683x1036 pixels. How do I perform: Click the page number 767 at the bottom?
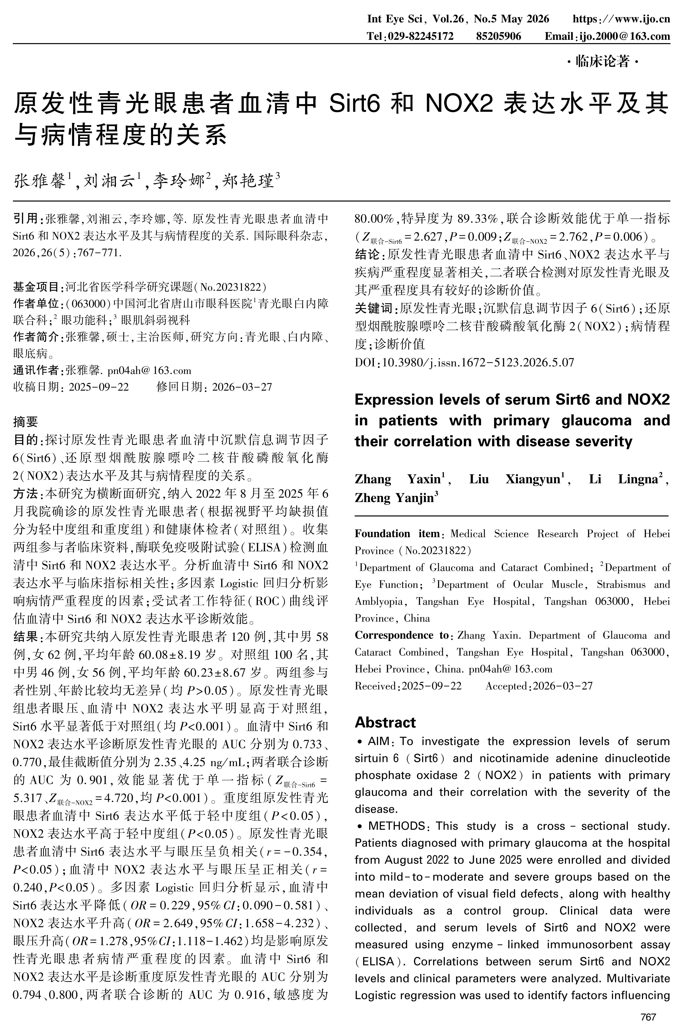coord(648,1017)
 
